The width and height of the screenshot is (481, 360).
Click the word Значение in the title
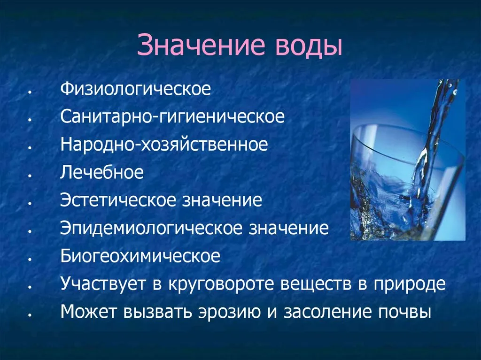(x=201, y=45)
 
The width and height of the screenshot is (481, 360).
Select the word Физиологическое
(x=136, y=89)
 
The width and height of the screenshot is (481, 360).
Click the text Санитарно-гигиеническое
(x=172, y=117)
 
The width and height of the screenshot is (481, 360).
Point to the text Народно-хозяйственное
(x=164, y=145)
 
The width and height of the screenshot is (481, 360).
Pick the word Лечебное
(x=102, y=172)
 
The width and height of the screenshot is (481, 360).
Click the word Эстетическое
(x=118, y=200)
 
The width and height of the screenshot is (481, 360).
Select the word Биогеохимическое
(x=140, y=255)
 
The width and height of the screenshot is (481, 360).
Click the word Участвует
(x=102, y=283)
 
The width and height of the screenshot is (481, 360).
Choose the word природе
(x=409, y=284)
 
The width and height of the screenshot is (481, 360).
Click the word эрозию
(x=230, y=312)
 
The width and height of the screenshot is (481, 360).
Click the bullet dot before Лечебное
(x=30, y=175)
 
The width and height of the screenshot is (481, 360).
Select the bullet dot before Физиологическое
(x=30, y=92)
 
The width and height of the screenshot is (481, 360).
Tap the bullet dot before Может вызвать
(x=30, y=315)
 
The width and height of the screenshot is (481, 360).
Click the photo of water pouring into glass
(x=408, y=160)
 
